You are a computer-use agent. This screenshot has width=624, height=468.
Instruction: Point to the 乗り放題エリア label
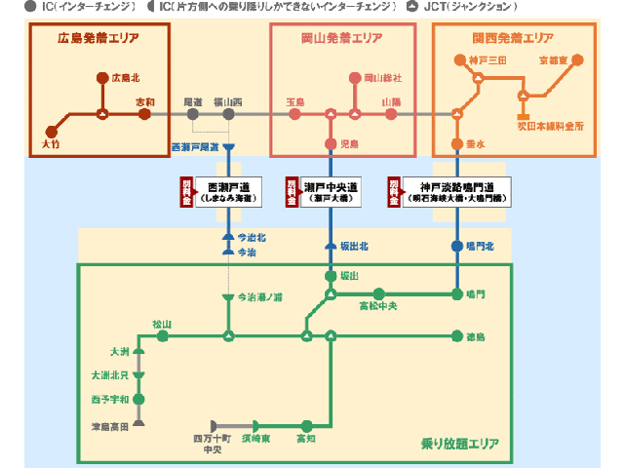(459, 444)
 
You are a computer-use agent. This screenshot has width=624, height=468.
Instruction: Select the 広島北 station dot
(102, 77)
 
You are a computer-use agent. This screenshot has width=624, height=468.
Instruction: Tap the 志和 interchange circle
(145, 114)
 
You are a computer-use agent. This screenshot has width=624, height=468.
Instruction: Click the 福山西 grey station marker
(228, 114)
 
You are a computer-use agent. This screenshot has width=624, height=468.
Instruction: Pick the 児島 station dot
(331, 143)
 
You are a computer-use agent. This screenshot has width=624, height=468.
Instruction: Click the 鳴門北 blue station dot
(456, 247)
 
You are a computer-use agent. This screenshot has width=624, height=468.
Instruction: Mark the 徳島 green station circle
(456, 336)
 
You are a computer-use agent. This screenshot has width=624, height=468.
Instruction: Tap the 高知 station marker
(306, 425)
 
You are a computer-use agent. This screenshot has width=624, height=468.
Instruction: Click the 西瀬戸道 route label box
(230, 190)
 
